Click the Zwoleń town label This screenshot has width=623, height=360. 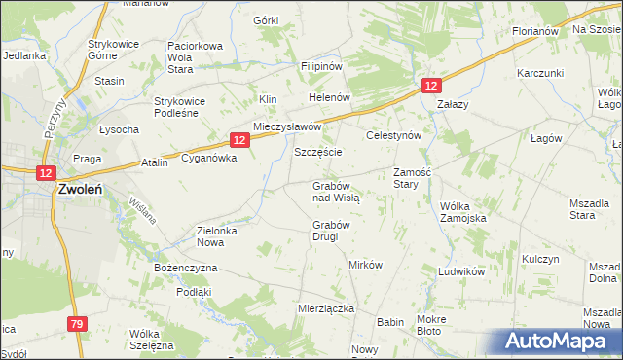tap(82, 191)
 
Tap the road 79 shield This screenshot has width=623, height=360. tap(78, 323)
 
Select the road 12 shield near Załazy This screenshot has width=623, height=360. tap(431, 87)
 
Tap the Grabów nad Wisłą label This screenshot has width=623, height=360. tap(336, 191)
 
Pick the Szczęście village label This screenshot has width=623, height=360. tap(318, 154)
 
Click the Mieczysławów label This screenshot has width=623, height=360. tap(287, 127)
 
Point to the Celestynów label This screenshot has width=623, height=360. tap(392, 136)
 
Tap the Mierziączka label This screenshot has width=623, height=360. tap(325, 307)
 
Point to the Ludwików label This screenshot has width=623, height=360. tap(461, 271)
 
